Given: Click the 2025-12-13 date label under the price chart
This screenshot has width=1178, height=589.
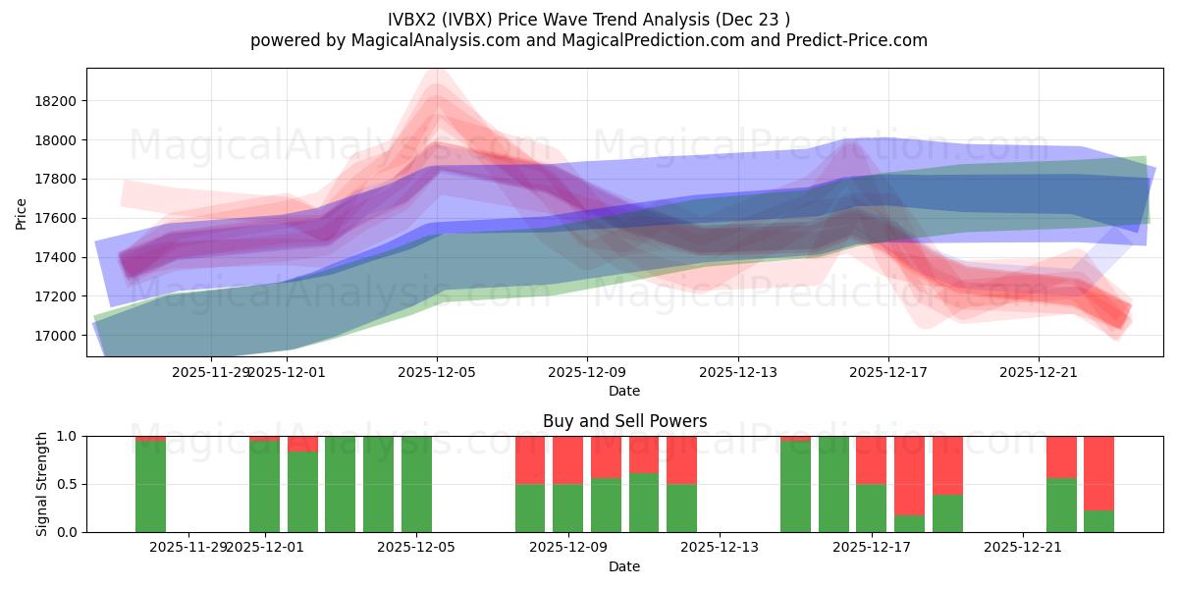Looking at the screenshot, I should point(737,373).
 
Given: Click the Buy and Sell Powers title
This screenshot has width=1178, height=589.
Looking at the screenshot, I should point(624,421).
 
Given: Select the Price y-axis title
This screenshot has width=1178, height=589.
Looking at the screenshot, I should point(22,213).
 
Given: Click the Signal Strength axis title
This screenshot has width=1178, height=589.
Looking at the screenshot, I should point(43,484).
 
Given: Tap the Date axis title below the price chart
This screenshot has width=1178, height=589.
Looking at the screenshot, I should point(624,391).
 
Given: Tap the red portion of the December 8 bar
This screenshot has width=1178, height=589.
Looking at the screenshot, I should point(530,459).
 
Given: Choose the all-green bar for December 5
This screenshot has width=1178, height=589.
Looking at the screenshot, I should point(416,484).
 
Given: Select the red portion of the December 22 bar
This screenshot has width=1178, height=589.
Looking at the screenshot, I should point(1061,456).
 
